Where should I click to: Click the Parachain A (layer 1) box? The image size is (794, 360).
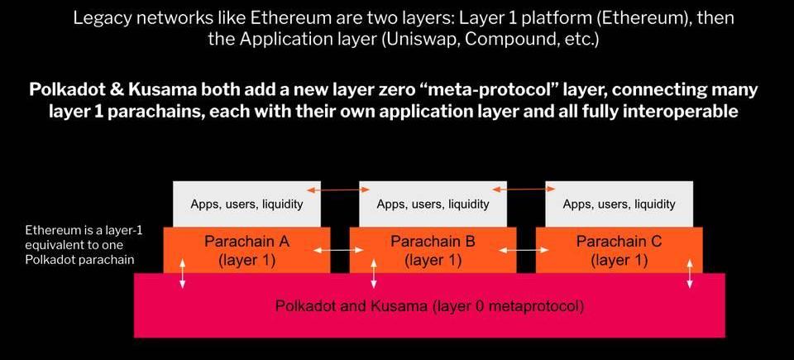(246, 250)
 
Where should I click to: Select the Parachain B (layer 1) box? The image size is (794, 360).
(433, 250)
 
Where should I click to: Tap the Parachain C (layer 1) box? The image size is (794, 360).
(619, 250)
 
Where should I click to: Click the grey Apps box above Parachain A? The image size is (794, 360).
(246, 204)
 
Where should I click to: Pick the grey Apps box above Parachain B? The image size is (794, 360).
(433, 204)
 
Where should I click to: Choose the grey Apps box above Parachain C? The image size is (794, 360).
(619, 204)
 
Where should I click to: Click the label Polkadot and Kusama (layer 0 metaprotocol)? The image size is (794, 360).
(429, 306)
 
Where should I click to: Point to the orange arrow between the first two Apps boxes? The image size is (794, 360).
(339, 191)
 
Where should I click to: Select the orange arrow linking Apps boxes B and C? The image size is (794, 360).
(525, 191)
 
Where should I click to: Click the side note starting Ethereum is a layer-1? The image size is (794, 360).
(84, 244)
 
